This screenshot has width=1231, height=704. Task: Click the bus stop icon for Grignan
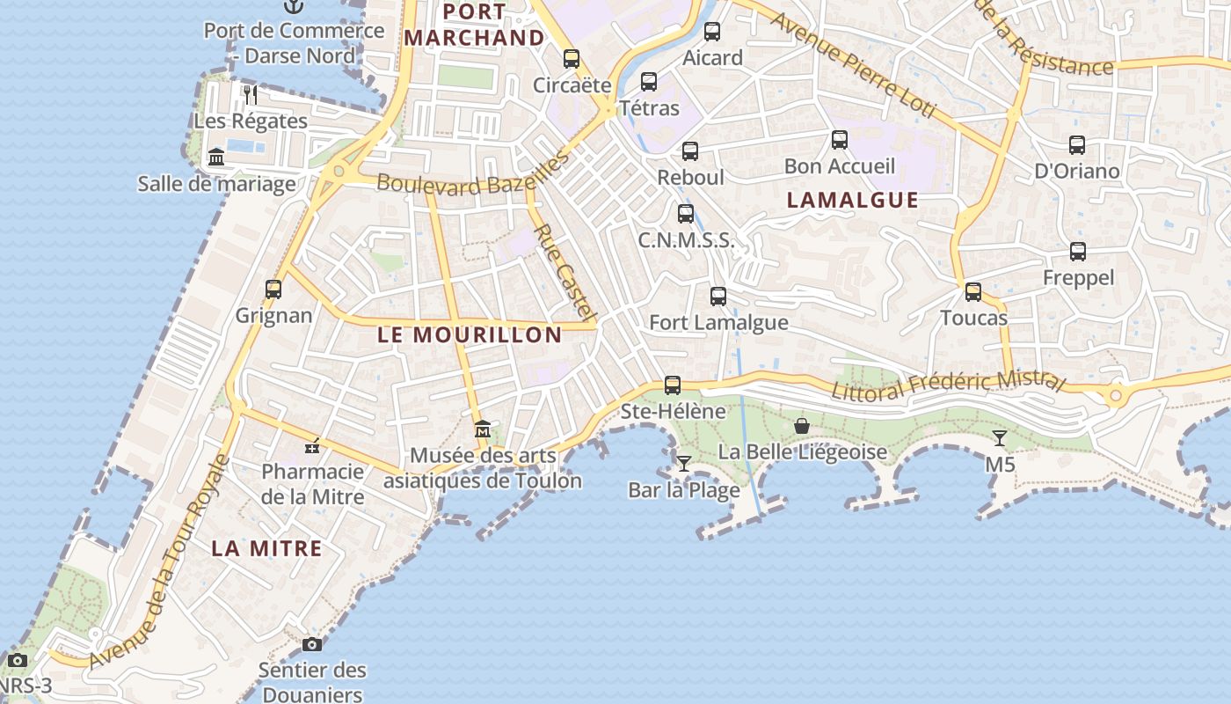pyautogui.click(x=273, y=289)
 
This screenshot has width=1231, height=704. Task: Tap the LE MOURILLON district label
pyautogui.click(x=470, y=334)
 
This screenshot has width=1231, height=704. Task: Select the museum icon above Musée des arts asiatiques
pyautogui.click(x=483, y=429)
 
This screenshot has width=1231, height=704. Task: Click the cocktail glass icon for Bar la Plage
pyautogui.click(x=684, y=463)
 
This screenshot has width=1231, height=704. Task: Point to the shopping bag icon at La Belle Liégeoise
pyautogui.click(x=802, y=426)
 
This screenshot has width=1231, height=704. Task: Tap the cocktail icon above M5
pyautogui.click(x=1000, y=437)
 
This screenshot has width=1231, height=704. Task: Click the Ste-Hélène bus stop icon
pyautogui.click(x=673, y=385)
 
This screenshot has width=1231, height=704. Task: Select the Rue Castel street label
pyautogui.click(x=565, y=271)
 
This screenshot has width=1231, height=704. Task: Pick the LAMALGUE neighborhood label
pyautogui.click(x=852, y=200)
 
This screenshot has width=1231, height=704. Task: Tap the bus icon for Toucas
pyautogui.click(x=973, y=291)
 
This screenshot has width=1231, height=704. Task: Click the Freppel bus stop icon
pyautogui.click(x=1078, y=252)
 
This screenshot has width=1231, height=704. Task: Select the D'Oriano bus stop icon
pyautogui.click(x=1077, y=145)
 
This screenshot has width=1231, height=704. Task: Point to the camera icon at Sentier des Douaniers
pyautogui.click(x=312, y=644)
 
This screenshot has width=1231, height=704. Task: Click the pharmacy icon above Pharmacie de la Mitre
pyautogui.click(x=312, y=446)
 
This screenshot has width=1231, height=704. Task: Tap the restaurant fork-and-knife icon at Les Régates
pyautogui.click(x=251, y=94)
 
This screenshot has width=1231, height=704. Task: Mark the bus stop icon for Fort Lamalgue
pyautogui.click(x=718, y=297)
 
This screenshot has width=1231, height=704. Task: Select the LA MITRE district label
pyautogui.click(x=266, y=548)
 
